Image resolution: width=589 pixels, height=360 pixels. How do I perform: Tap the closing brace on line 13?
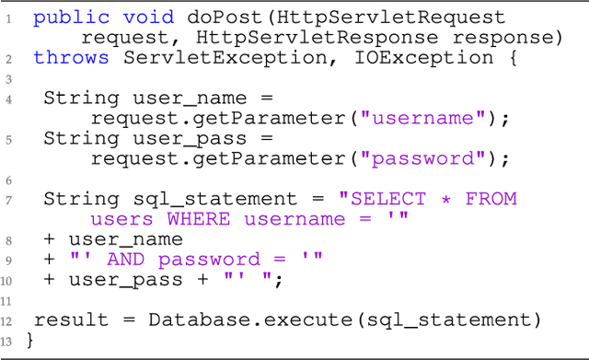click(x=30, y=341)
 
